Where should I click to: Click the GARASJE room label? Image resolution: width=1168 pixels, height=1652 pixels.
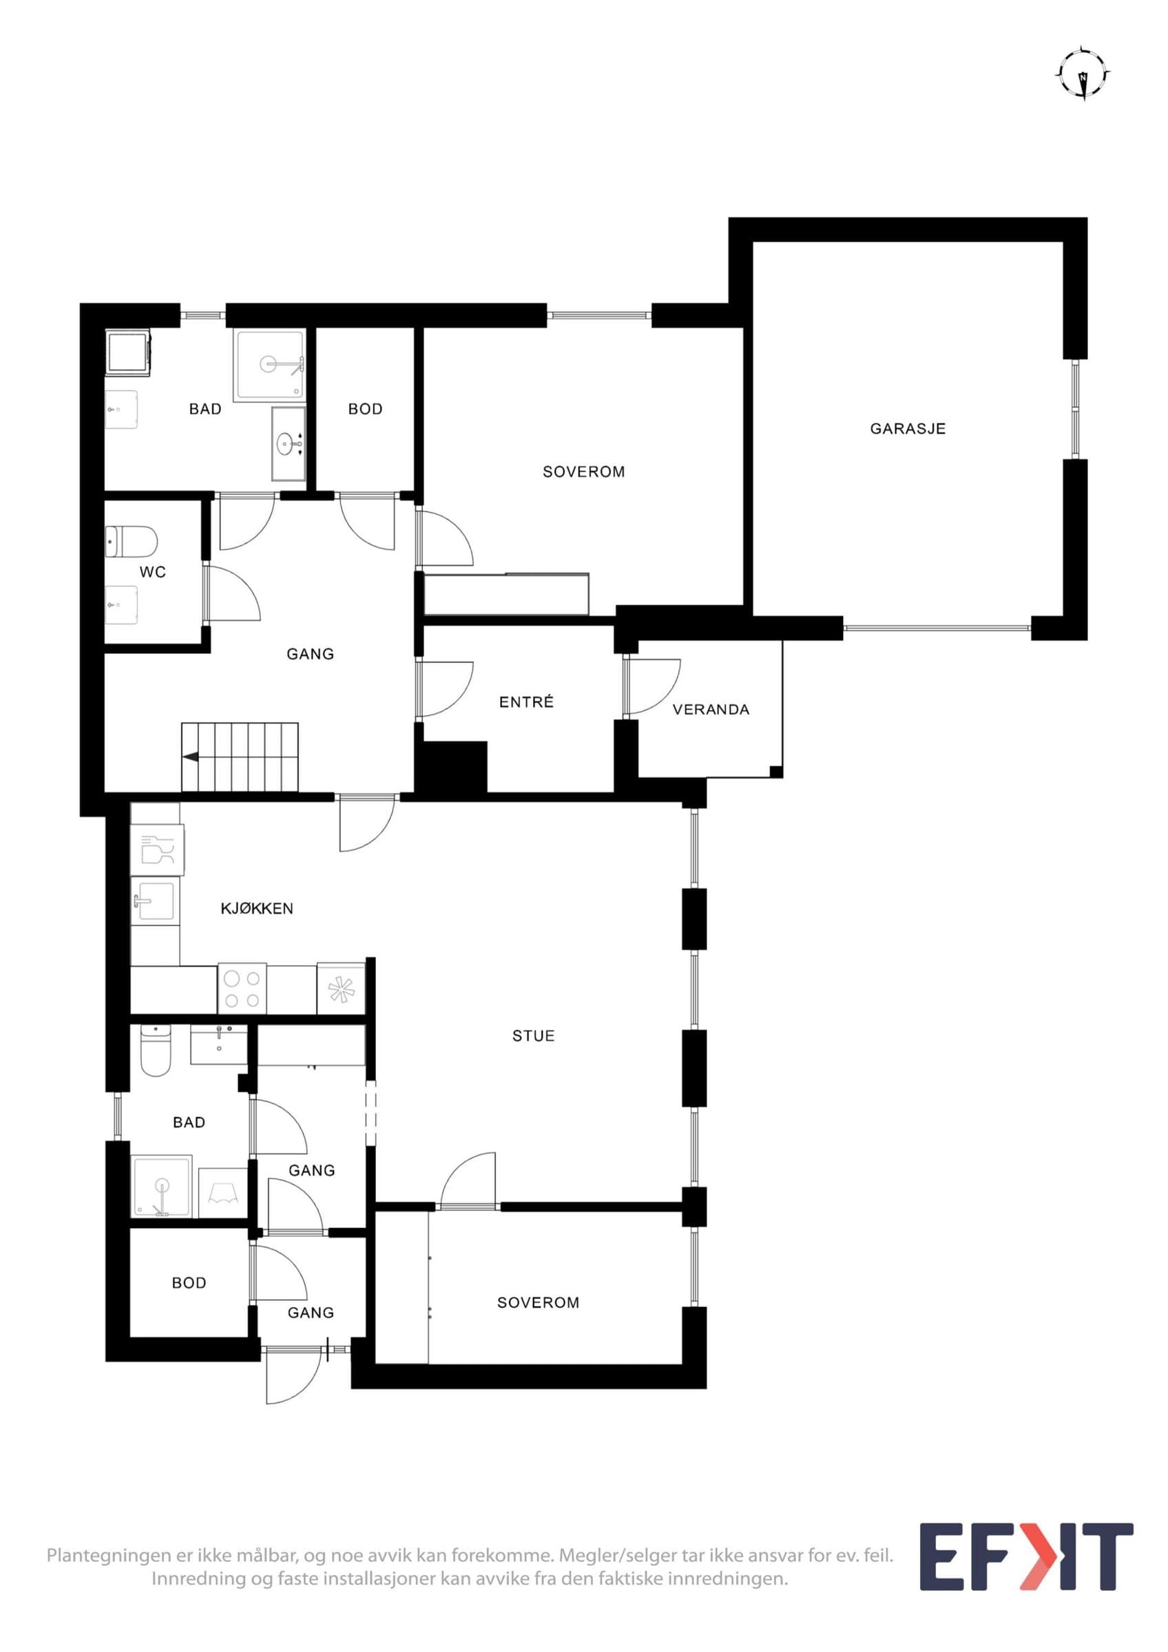click(x=908, y=429)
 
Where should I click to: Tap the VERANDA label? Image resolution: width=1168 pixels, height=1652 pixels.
click(x=711, y=710)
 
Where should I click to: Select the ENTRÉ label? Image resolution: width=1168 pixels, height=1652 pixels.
click(x=527, y=701)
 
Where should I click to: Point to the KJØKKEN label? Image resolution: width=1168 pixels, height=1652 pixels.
click(x=257, y=909)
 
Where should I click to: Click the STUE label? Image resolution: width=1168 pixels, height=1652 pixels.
click(x=533, y=1036)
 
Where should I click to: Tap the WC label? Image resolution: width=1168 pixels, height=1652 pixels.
click(x=153, y=572)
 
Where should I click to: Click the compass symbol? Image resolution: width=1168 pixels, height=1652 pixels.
click(x=1083, y=74)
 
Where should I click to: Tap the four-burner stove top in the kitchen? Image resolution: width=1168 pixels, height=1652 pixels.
click(x=242, y=988)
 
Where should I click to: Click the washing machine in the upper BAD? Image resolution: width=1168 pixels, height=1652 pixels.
click(x=128, y=352)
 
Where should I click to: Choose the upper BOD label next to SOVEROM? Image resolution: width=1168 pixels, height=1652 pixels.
click(x=365, y=410)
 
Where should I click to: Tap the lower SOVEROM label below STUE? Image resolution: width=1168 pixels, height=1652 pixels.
click(x=539, y=1302)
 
